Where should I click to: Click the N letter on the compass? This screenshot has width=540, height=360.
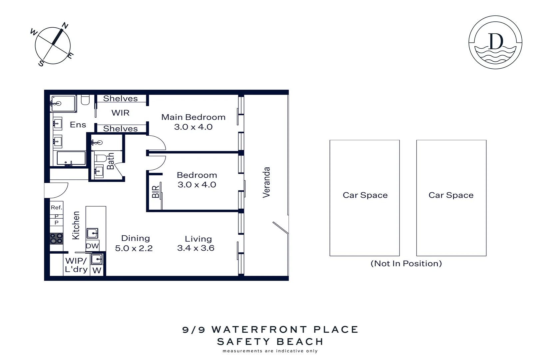(65, 26)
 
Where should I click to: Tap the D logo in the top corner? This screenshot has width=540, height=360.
(495, 42)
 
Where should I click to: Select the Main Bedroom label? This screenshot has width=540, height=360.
(193, 117)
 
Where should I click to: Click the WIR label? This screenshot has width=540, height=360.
(120, 113)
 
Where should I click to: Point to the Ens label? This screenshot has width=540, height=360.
(78, 125)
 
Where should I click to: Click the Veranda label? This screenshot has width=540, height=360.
(266, 182)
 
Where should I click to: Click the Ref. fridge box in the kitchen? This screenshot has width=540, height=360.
(56, 207)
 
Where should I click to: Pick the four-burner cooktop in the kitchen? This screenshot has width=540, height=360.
(56, 238)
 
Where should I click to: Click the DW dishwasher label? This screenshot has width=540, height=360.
(92, 246)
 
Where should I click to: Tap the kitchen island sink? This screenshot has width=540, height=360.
(92, 233)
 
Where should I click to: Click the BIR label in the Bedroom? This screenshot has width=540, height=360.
(156, 192)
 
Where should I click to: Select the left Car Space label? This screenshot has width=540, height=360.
(365, 195)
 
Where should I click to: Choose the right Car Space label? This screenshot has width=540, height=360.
(451, 195)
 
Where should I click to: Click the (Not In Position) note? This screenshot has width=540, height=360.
(406, 264)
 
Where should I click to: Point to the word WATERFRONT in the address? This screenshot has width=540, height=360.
(259, 330)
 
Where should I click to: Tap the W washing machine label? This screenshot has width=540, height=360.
(97, 270)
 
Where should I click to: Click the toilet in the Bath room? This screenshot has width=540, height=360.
(100, 157)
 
